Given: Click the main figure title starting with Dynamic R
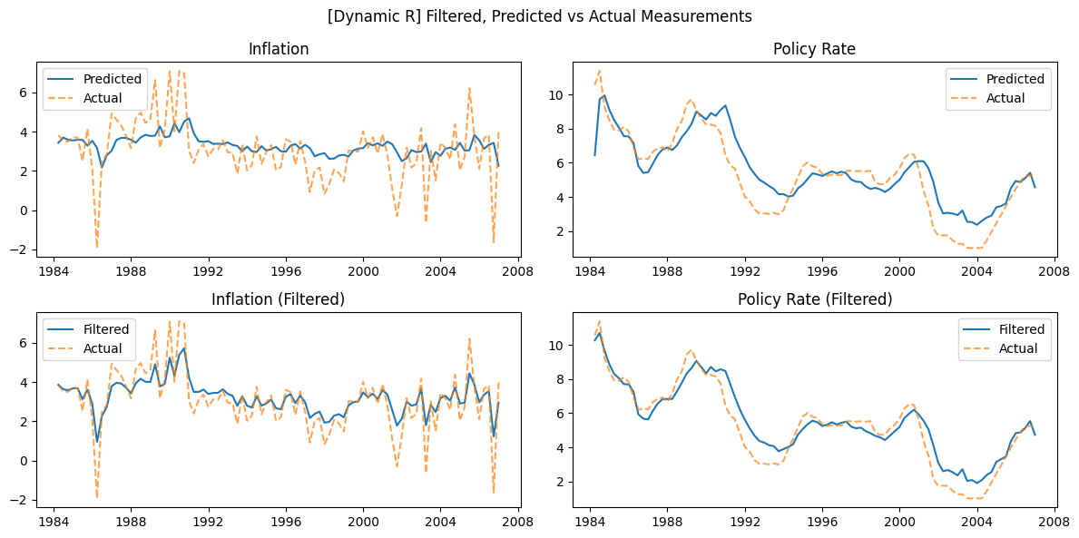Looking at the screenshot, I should point(539,16).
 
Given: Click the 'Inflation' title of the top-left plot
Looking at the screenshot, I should point(278,49).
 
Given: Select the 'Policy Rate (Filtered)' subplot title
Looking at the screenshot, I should point(815,299).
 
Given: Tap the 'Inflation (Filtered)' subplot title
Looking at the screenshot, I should point(278,299).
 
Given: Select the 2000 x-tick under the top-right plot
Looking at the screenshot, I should point(899,270).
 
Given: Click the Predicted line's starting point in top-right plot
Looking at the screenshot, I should point(594,155).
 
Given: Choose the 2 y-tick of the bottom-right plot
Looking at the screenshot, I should point(561,482).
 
